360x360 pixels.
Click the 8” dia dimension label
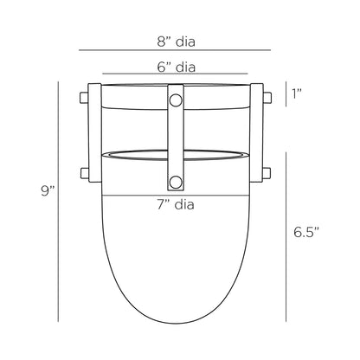(x=177, y=42)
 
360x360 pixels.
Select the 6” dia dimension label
(x=177, y=67)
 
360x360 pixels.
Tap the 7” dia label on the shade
(x=176, y=204)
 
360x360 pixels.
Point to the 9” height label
(x=48, y=191)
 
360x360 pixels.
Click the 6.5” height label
(x=306, y=232)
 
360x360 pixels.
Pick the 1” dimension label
(x=297, y=93)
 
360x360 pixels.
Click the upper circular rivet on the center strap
(x=176, y=100)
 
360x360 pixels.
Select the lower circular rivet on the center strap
(x=176, y=183)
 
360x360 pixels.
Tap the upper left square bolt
(x=84, y=98)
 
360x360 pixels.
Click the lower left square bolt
(x=85, y=173)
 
